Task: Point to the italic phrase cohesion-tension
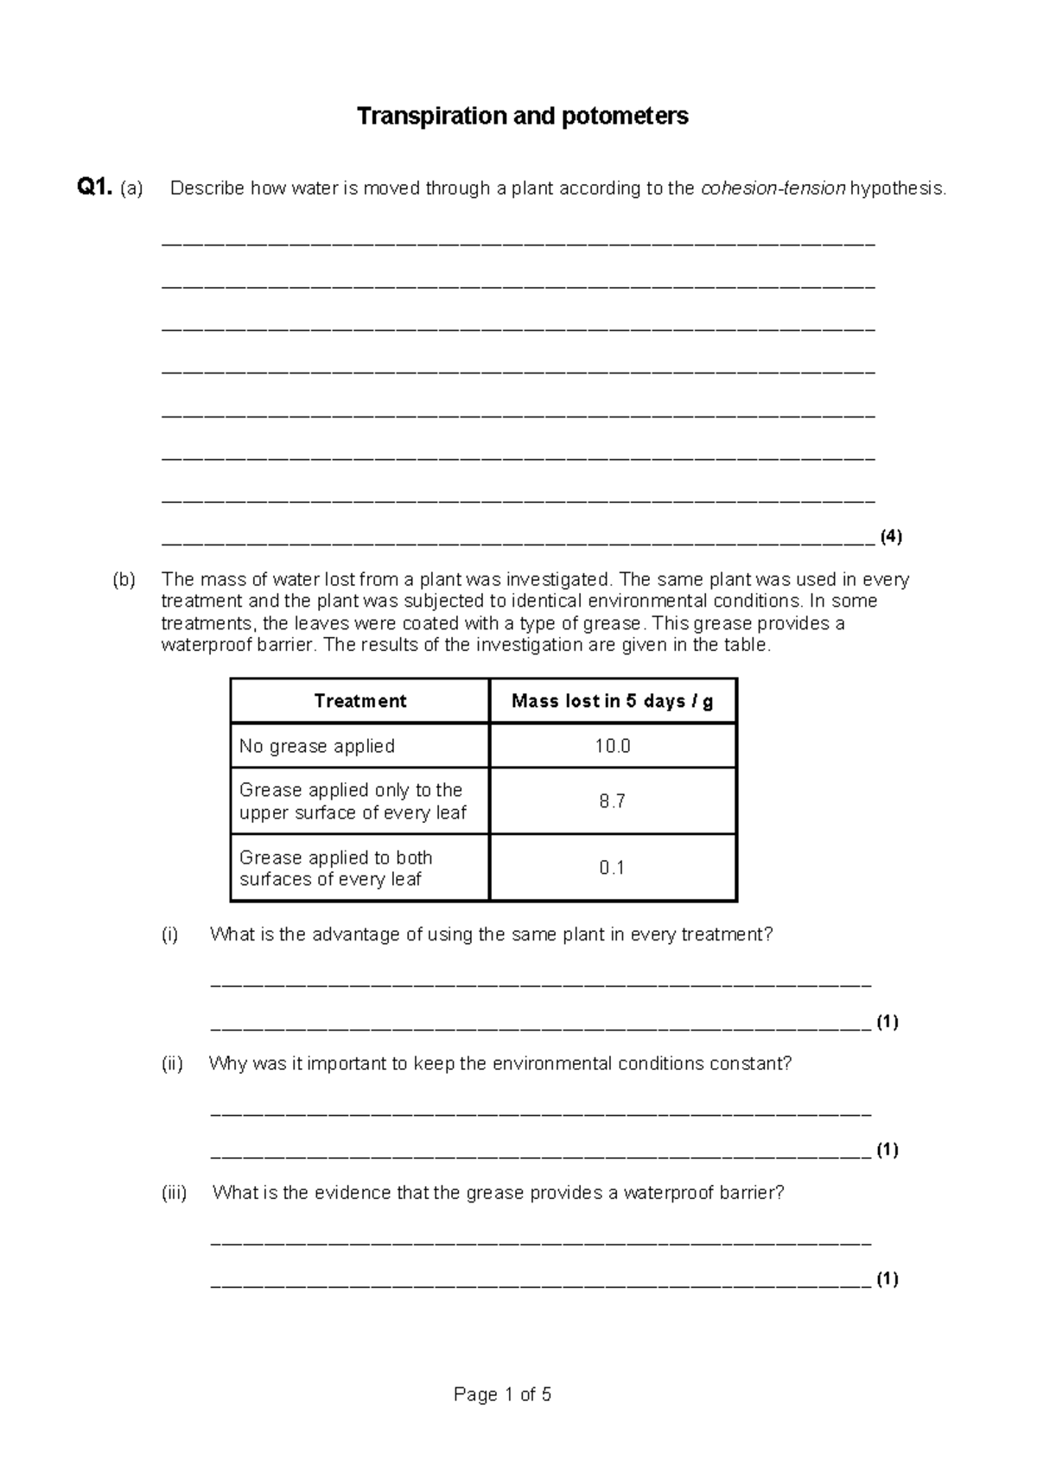pos(773,188)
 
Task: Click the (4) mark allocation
pos(891,536)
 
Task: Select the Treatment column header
pos(359,701)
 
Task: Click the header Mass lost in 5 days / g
pos(612,701)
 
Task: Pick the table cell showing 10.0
pos(612,746)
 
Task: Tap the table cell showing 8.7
pos(612,801)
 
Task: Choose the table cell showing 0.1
pos(612,868)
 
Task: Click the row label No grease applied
pos(317,746)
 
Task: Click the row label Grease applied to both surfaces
pos(336,868)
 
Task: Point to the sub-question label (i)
pos(169,934)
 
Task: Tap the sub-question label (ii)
pos(172,1063)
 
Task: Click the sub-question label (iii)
pos(174,1193)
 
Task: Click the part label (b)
pos(124,579)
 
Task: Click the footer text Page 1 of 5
pos(502,1394)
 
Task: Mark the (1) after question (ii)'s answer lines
pos(887,1150)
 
